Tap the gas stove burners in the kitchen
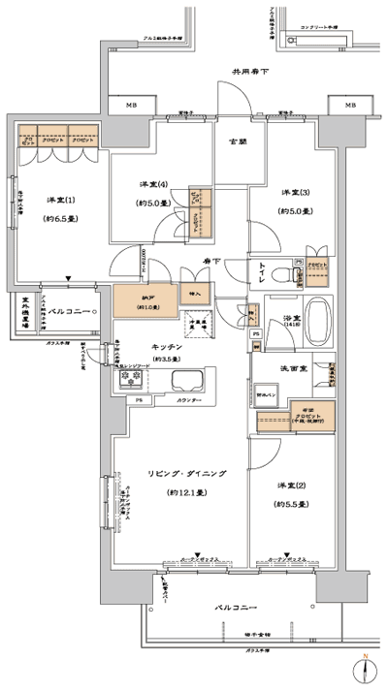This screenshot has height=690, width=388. pyautogui.click(x=131, y=384)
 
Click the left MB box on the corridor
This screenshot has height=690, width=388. pyautogui.click(x=130, y=106)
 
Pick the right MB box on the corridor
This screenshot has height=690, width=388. pyautogui.click(x=349, y=106)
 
